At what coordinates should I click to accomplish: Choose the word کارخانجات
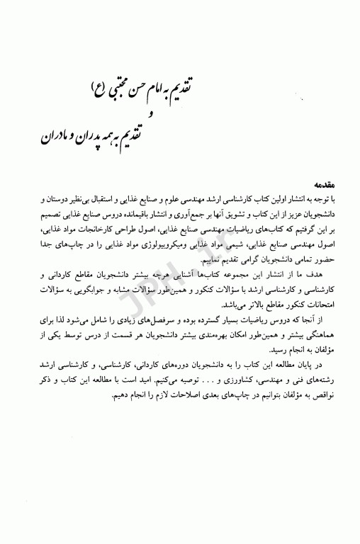coord(88,222)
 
